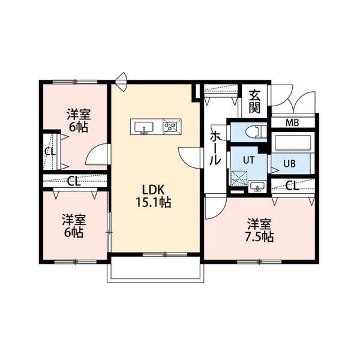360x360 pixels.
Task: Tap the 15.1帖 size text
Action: (154, 203)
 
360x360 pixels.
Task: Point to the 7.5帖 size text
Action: (260, 236)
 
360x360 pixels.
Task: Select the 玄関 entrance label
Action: (254, 101)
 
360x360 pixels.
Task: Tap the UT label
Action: (248, 160)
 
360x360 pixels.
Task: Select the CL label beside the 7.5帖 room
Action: (292, 185)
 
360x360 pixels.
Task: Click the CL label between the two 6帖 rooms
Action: (74, 181)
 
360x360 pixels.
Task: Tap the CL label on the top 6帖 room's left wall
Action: (49, 151)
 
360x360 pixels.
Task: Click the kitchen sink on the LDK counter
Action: (144, 127)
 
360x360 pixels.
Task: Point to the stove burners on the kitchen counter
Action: (172, 127)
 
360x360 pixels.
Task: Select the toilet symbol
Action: (251, 130)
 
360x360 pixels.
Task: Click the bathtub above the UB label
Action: (292, 143)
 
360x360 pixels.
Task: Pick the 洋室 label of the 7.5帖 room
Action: (260, 223)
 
